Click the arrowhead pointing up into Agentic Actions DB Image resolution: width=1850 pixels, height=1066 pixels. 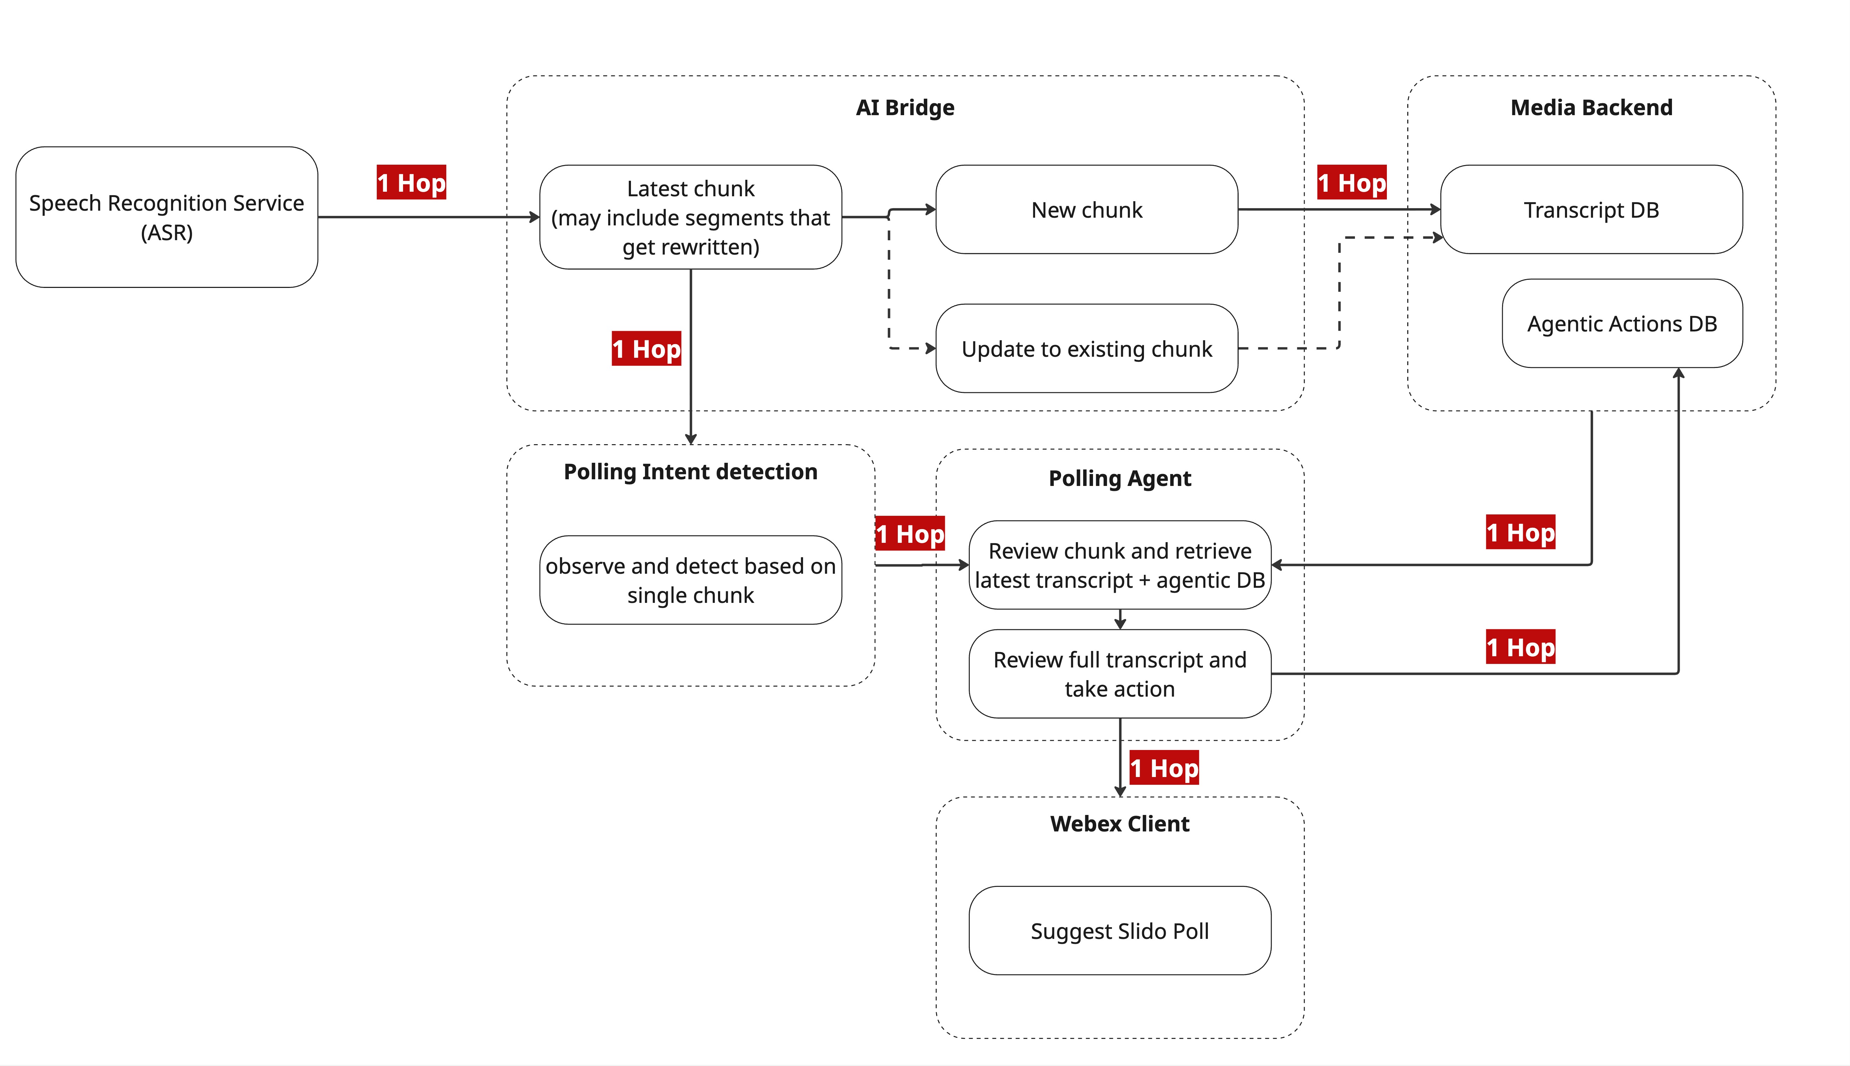point(1678,373)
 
